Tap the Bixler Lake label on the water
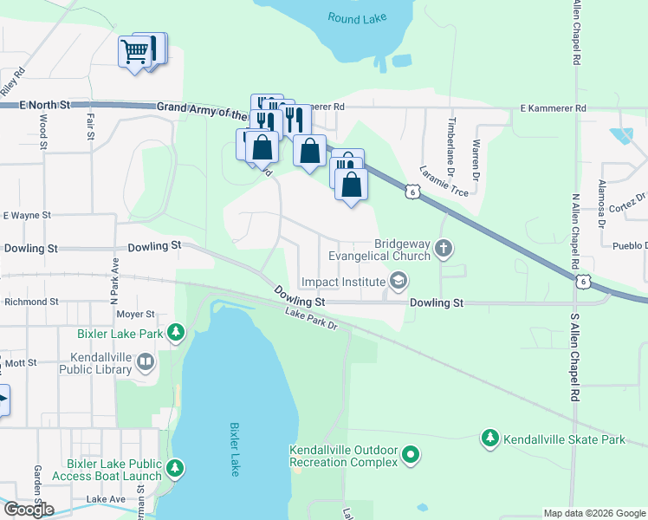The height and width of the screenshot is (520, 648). [x=233, y=448]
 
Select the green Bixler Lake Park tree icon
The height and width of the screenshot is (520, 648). [x=176, y=331]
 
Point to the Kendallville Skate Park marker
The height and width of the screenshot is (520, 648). [x=490, y=439]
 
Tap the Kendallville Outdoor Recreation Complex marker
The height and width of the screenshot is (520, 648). [x=411, y=453]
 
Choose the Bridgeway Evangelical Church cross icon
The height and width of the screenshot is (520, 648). [x=444, y=250]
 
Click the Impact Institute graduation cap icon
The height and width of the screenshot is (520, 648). [x=399, y=280]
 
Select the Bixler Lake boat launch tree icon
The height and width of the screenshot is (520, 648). [x=176, y=469]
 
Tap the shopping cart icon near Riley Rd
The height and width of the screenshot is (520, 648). [x=134, y=52]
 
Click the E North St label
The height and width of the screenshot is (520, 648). [x=46, y=105]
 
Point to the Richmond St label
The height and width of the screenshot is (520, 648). [x=30, y=302]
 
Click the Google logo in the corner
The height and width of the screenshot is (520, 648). [x=29, y=510]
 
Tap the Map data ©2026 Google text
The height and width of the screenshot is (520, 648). [x=593, y=513]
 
